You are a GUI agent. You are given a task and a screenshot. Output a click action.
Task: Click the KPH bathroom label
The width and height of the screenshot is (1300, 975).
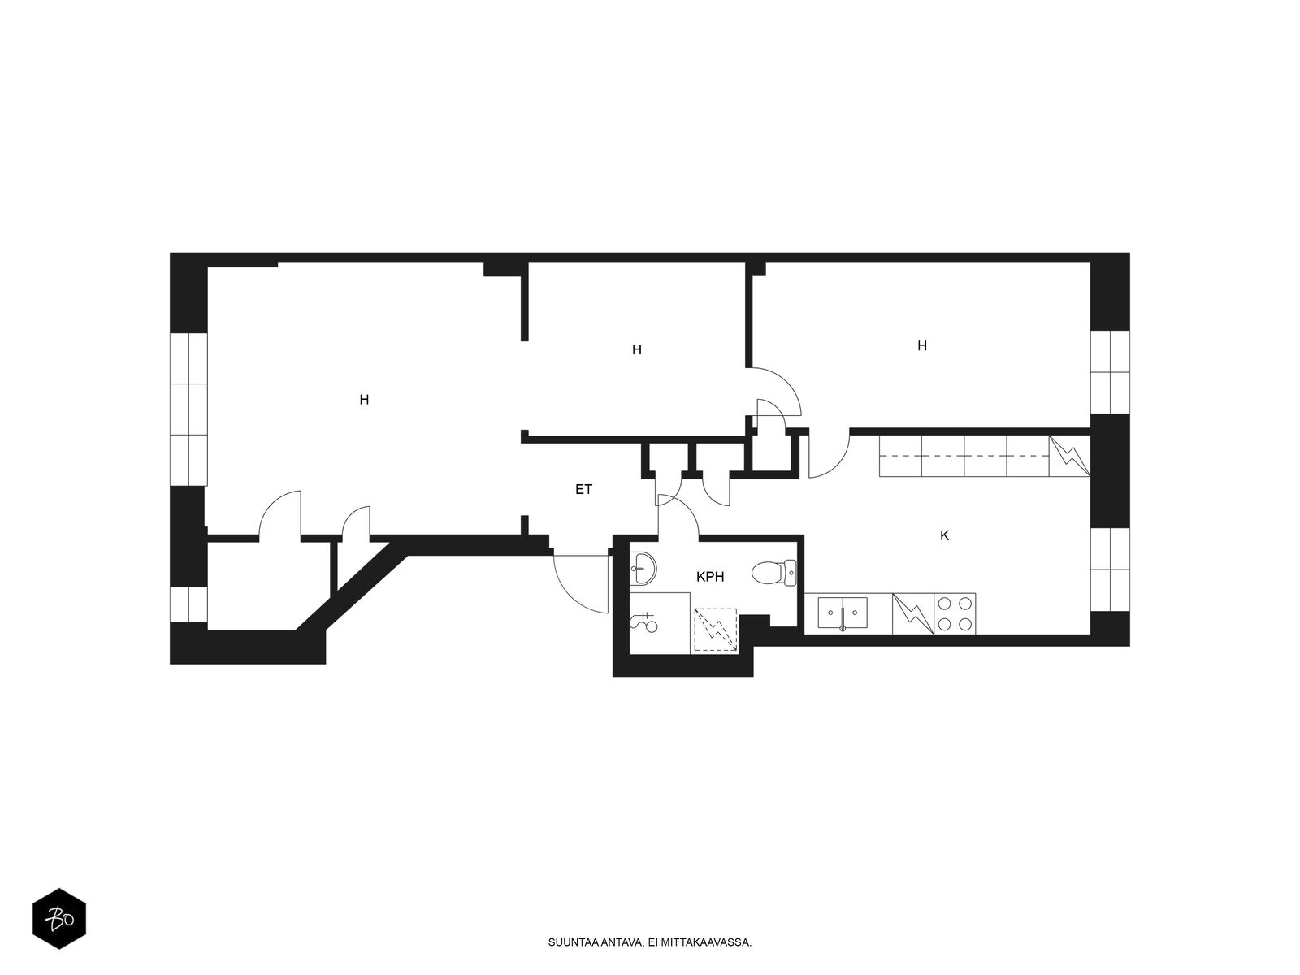[710, 577]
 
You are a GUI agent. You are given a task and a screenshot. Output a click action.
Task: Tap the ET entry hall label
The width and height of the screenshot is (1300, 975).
[583, 490]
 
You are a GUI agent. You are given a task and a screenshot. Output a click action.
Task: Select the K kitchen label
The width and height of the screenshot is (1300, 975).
[945, 535]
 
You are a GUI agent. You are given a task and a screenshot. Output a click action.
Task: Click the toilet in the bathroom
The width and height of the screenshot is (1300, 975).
[774, 573]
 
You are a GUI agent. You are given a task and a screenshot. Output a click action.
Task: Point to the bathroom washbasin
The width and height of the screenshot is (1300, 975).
[643, 568]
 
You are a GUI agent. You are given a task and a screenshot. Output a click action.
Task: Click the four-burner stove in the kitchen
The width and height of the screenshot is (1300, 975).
[955, 614]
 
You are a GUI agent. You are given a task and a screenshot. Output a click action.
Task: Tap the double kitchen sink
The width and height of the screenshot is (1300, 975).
[843, 613]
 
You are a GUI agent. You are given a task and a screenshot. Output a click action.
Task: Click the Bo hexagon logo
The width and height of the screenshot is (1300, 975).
[59, 919]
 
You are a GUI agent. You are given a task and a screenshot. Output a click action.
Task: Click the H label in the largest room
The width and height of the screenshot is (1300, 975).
[364, 401]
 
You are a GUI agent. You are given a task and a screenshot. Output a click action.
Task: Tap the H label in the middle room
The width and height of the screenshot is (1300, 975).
[637, 350]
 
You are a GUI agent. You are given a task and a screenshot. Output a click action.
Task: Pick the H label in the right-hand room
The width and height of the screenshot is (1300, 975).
[922, 346]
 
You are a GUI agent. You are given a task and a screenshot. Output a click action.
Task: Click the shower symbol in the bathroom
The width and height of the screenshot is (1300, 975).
[644, 622]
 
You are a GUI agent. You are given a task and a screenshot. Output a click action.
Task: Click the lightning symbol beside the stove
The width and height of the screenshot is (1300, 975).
[913, 614]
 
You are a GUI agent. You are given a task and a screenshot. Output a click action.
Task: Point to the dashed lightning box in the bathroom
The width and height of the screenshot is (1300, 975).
[716, 629]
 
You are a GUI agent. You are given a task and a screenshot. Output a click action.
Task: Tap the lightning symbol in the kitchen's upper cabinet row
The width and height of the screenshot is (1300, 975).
[1069, 456]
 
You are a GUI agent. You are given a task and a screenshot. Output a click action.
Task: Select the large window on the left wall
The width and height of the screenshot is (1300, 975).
[188, 409]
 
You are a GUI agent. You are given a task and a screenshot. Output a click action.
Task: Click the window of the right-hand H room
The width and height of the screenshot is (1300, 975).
[1111, 372]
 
